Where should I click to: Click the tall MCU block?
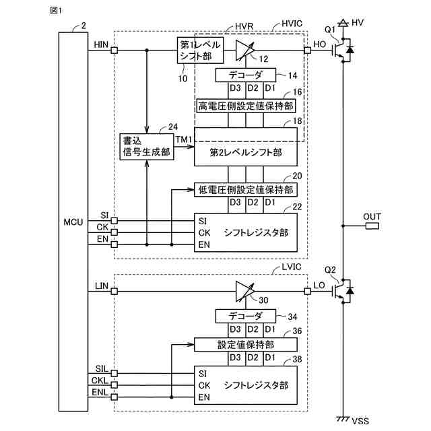coord(73,222)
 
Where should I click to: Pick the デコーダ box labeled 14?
coord(246,75)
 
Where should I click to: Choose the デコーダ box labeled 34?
coord(246,316)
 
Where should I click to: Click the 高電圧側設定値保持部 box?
coord(246,106)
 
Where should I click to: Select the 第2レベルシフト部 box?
coord(246,152)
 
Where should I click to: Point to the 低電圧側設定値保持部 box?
coord(246,189)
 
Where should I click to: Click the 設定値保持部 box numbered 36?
coord(246,344)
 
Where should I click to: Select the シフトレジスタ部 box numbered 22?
coord(246,232)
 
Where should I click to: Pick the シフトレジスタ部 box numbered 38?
coord(246,386)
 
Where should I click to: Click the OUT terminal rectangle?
coord(372,226)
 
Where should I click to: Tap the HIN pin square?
coord(114,50)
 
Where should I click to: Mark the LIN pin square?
coord(114,291)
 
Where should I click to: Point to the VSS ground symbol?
coord(343,418)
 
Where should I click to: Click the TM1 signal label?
coord(184,139)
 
